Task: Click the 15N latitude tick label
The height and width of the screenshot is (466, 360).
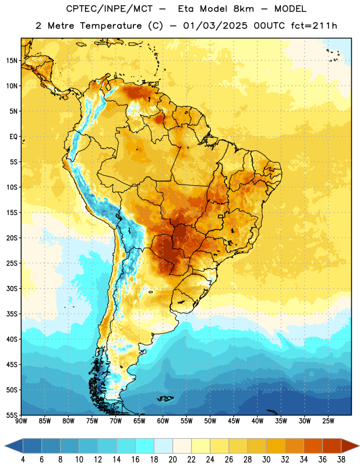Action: point(12,61)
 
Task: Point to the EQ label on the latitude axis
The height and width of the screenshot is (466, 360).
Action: point(13,137)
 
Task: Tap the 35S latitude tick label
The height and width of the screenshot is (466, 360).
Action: point(12,314)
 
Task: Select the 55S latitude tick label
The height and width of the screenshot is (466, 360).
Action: point(12,415)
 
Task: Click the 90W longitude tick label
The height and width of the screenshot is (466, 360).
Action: point(21,421)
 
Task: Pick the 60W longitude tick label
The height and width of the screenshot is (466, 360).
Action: point(163,421)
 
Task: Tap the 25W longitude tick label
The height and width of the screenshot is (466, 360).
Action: point(328,421)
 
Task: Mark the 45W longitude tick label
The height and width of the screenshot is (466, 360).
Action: point(234,421)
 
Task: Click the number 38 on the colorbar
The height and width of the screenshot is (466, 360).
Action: point(341,460)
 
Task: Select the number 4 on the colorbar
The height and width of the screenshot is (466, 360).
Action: point(23,460)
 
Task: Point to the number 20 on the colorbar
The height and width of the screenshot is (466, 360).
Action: point(172,460)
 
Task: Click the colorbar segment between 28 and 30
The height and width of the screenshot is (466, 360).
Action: point(257,446)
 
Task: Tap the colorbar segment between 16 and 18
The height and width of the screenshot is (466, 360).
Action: point(144,446)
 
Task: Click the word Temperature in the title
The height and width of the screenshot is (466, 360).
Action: point(111,26)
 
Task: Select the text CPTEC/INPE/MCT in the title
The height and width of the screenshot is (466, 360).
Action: point(110,9)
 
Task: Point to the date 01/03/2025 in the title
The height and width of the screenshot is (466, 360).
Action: point(215,26)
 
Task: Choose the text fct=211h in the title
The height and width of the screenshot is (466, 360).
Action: point(314,26)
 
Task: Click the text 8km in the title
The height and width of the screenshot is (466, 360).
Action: point(243,9)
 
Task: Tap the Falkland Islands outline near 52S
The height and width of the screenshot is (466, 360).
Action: point(164,398)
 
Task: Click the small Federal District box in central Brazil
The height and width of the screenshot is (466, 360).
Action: point(221,216)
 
